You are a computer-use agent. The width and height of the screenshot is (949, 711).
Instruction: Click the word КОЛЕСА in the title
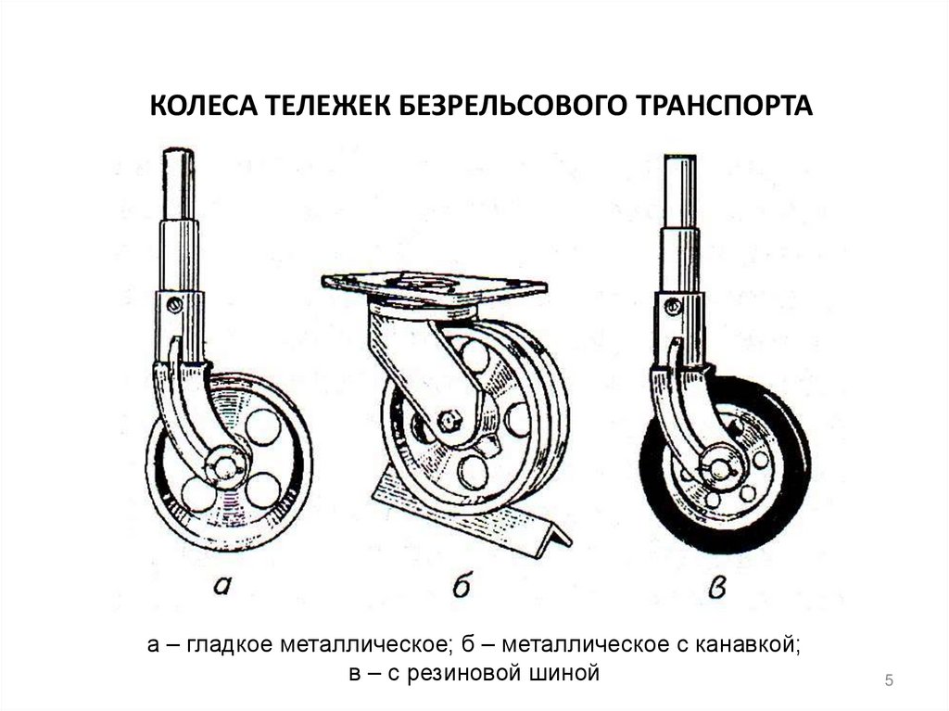[198, 105]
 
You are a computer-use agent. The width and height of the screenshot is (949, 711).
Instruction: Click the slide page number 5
[889, 681]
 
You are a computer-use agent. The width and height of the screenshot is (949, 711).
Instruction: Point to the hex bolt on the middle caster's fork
[451, 421]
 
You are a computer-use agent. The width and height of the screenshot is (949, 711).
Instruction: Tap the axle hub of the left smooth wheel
[225, 461]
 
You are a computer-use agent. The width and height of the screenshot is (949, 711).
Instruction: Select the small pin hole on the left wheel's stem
[172, 303]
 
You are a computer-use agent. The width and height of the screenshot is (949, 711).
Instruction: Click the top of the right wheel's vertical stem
[678, 162]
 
